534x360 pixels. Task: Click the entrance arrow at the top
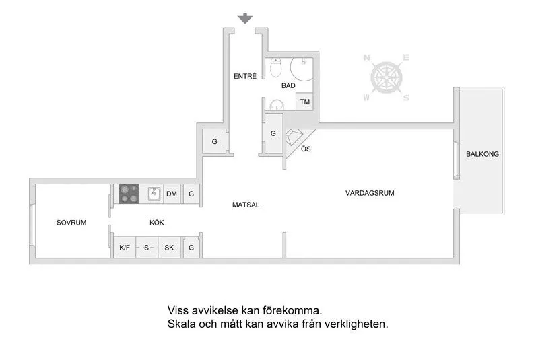coord(245,18)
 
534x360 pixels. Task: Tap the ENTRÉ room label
coord(245,76)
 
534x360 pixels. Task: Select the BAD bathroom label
coord(288,86)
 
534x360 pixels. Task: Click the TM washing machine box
coord(305,102)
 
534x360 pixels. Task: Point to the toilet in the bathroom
coord(275,69)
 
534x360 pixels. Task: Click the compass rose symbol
coord(387,78)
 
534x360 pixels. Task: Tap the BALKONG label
coord(482,154)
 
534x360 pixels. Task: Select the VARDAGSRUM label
coord(370,193)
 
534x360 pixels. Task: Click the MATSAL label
coord(246,205)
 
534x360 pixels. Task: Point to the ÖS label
coord(306,148)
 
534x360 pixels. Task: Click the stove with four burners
coord(129,194)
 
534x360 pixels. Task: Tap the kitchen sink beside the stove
coord(153,194)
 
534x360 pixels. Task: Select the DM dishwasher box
coord(172,194)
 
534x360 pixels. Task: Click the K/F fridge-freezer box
coord(125,248)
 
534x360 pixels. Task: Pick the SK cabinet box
coord(169,248)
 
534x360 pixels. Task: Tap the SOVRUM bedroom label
coord(71,222)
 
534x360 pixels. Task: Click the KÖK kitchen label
coord(157,222)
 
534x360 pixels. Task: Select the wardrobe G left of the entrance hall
coord(214,141)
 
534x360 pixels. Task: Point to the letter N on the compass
coord(368,59)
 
